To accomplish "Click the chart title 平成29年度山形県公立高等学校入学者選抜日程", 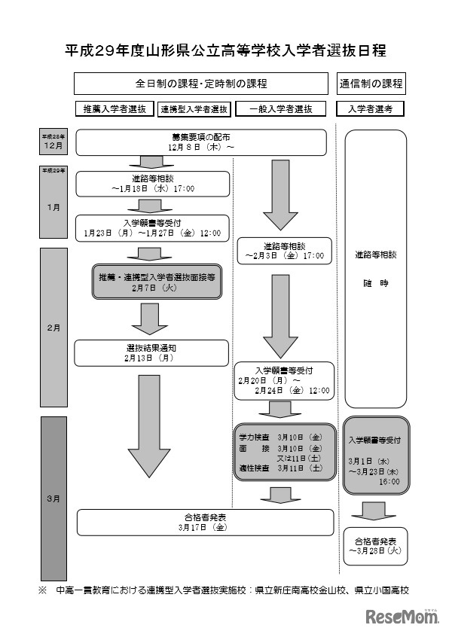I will coord(225,50).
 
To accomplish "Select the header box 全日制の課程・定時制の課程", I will coord(201,83).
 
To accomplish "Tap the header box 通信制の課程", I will coord(371,83).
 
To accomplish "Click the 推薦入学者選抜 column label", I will coord(115,109).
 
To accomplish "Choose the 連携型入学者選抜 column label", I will coord(194,109).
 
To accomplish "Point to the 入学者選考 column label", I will coord(371,109).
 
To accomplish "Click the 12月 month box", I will coord(53,142).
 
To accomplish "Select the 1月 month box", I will coord(53,207).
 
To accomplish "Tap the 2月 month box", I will coord(53,328).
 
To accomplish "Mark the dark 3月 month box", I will coord(53,497).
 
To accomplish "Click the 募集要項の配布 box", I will coord(200,142).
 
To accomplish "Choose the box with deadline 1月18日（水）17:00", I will coord(151,184).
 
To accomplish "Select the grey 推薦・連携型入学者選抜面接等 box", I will coord(157,281).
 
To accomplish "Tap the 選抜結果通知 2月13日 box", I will coord(151,352).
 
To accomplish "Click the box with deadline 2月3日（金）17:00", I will coord(284,251).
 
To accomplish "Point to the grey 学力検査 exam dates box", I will coord(284,452).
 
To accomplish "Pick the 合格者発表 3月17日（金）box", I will coord(205,523).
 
